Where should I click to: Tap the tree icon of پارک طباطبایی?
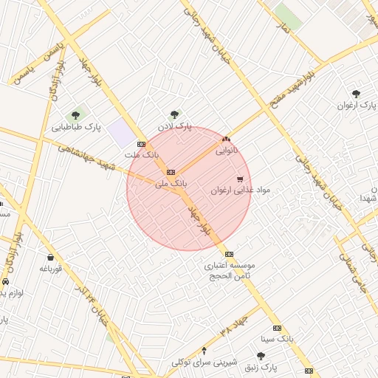tap(75, 115)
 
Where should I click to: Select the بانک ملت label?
tap(142, 156)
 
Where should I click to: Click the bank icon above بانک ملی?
tap(171, 171)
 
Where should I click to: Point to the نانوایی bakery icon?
tap(226, 138)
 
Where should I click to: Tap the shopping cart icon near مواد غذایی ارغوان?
tap(240, 179)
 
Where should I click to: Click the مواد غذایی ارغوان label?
tap(241, 190)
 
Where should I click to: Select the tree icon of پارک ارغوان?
tap(356, 94)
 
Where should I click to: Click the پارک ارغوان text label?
tap(357, 106)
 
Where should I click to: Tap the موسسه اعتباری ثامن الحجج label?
tap(230, 269)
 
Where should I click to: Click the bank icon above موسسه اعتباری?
tap(229, 253)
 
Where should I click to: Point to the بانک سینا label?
tap(278, 339)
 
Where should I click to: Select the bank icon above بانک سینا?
tap(277, 327)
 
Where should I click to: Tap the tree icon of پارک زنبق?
tap(260, 356)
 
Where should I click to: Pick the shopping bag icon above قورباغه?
tap(50, 258)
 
